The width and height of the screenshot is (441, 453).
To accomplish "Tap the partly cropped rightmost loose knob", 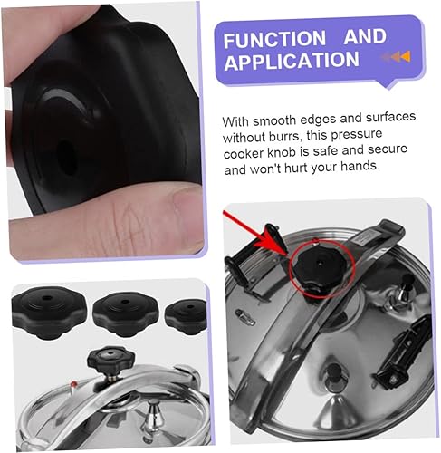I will [187, 316].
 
